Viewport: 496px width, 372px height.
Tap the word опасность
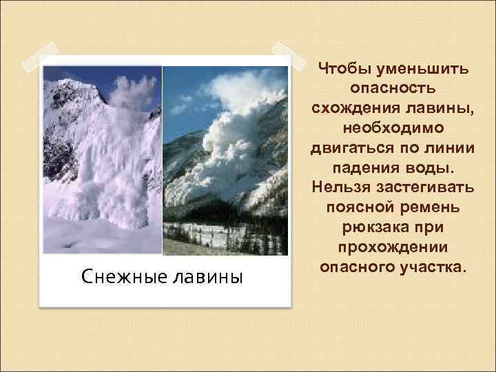[392, 90]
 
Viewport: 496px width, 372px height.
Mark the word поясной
[355, 207]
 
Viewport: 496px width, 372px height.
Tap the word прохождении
[392, 246]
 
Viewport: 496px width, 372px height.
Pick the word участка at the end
[432, 265]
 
